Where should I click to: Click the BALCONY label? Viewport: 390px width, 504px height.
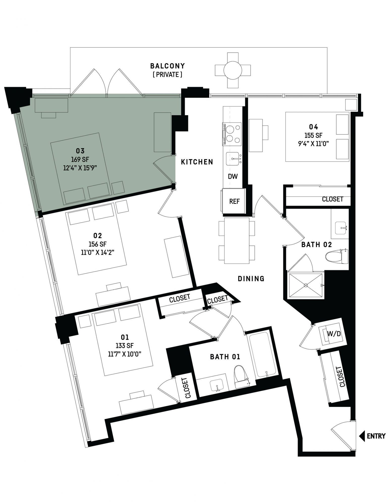point(168,66)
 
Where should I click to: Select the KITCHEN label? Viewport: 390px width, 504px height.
point(197,162)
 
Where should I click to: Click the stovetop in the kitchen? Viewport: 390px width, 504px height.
point(232,134)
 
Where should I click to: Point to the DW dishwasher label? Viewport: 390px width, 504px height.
point(233,176)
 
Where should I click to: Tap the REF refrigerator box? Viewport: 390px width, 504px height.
point(234,201)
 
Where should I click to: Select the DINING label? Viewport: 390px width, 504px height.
point(251,278)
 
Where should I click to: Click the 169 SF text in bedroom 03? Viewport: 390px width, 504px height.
point(80,159)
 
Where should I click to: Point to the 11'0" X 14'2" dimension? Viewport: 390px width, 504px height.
point(98,252)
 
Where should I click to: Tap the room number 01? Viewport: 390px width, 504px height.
point(125,337)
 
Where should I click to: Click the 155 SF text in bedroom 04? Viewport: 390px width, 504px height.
point(313,135)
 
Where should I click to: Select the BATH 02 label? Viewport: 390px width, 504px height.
point(317,244)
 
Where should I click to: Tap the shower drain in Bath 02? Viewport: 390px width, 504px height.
point(306,285)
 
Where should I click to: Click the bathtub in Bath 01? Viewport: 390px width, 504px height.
point(262,355)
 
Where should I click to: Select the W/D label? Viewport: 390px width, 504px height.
point(334,334)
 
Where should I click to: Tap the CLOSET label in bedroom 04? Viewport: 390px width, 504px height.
point(332,199)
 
